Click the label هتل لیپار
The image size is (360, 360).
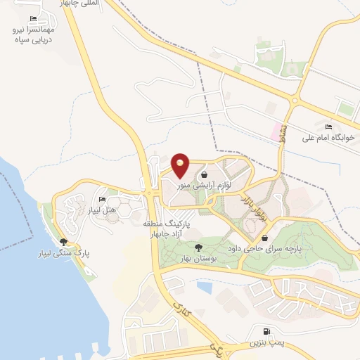coord(104,210)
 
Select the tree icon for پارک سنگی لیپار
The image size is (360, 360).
coord(64,242)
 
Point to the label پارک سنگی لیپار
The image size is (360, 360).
coord(65,252)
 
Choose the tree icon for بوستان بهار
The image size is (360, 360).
coord(199,247)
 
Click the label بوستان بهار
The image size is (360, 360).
coord(198,257)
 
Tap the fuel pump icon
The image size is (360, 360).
coord(266,332)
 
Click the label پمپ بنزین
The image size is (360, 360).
coord(266,342)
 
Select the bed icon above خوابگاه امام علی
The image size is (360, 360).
coord(328,127)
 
